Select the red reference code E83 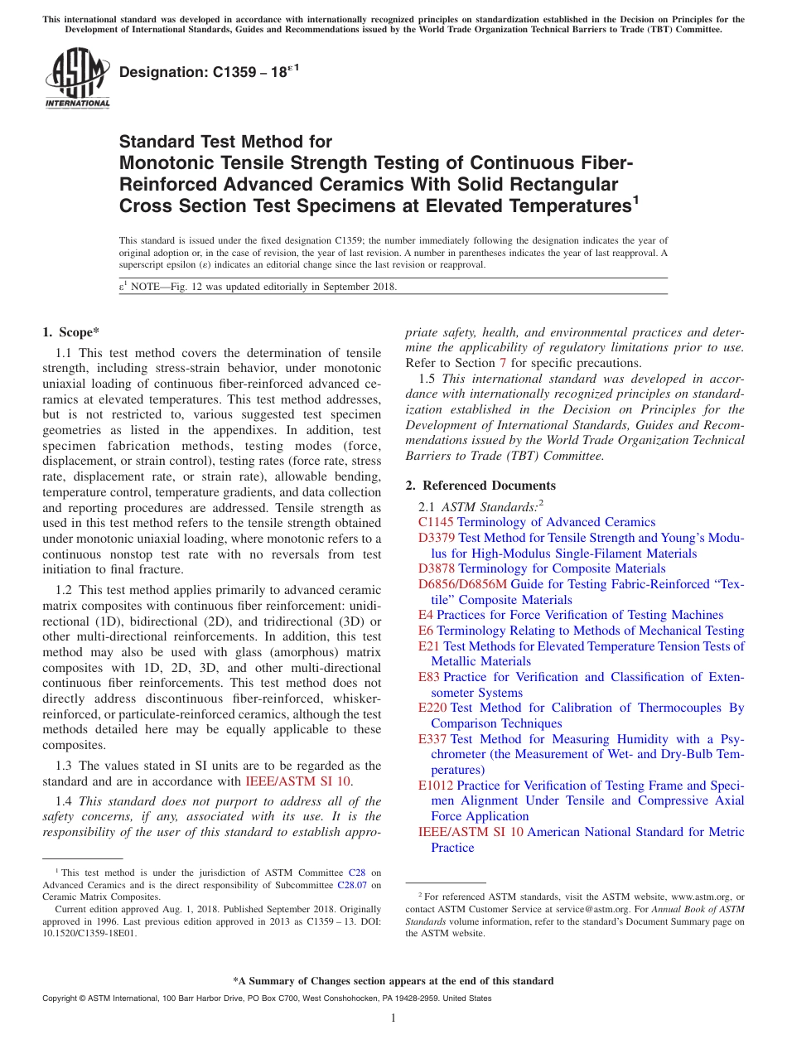[x=429, y=677]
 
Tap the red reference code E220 [x=432, y=708]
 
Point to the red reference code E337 [x=432, y=739]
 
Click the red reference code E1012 [x=436, y=786]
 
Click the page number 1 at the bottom [x=393, y=1018]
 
